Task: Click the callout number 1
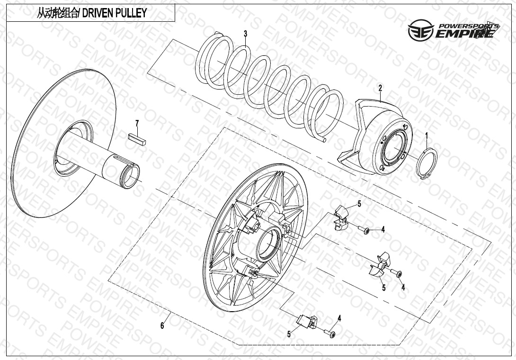(426, 136)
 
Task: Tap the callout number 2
(380, 88)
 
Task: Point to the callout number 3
(245, 34)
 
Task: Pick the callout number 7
(137, 124)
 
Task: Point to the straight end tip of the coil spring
(323, 140)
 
